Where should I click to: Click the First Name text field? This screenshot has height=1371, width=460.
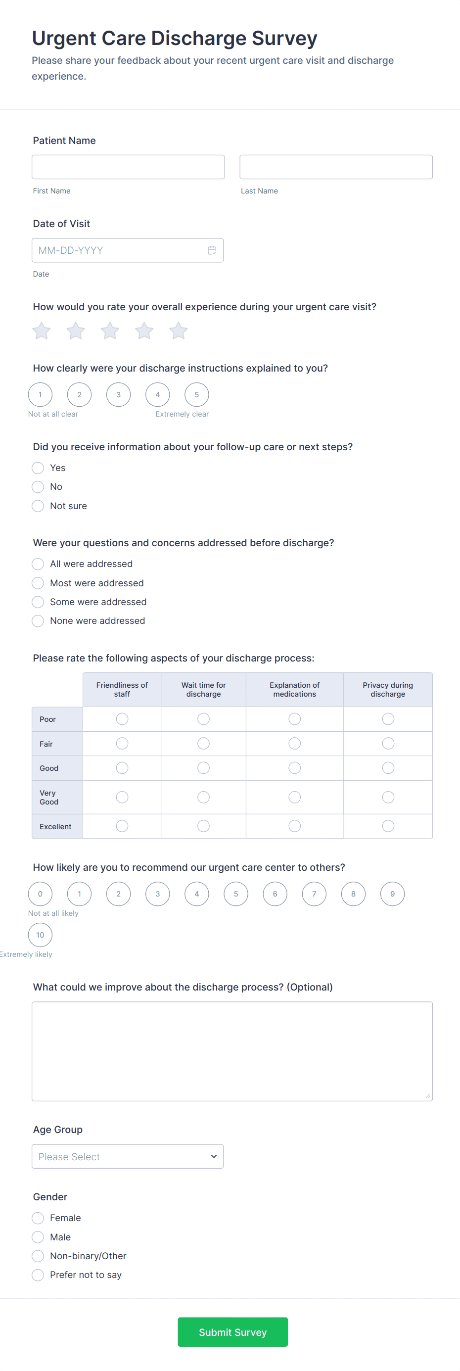point(128,167)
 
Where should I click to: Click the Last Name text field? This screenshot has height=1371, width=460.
point(335,167)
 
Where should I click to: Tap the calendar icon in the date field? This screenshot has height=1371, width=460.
point(212,250)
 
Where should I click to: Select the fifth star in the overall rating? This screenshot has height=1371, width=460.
point(178,331)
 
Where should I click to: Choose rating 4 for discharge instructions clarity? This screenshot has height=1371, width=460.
point(157,395)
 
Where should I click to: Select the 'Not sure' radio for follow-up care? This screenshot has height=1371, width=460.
point(38,506)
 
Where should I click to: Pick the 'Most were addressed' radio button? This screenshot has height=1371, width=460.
point(38,583)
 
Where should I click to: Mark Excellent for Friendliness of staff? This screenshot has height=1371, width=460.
point(122,826)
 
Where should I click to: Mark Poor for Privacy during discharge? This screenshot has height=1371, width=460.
point(388,719)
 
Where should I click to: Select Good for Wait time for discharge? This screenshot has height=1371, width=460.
point(204,768)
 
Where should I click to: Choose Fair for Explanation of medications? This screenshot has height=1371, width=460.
point(295,744)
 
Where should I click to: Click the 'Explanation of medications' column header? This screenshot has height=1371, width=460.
point(295,690)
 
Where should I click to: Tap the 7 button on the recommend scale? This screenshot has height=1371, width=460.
point(314,894)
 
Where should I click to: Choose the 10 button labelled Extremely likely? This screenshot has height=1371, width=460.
point(41,935)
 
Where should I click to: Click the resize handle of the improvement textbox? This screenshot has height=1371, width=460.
point(427,1096)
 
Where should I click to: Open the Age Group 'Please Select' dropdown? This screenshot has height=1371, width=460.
point(128,1156)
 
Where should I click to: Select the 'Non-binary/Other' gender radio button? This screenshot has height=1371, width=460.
point(38,1256)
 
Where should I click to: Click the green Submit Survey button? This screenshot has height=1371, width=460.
point(232,1332)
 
